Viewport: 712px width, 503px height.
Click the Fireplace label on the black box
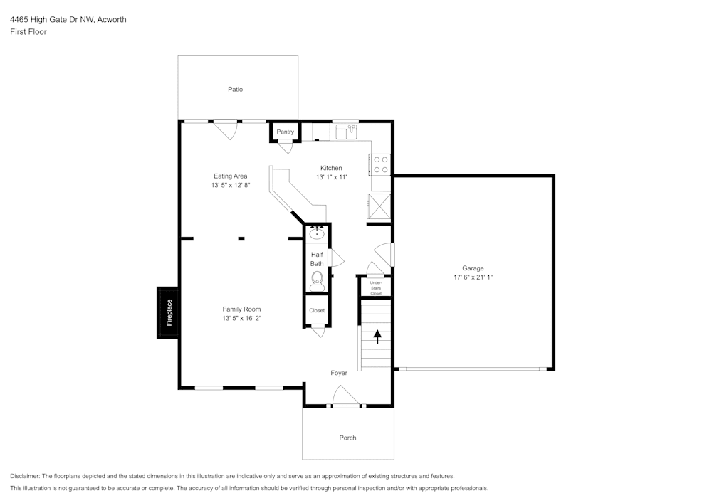tap(169, 312)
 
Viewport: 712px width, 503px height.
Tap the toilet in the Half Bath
tap(317, 281)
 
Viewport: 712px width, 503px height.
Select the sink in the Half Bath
tap(317, 233)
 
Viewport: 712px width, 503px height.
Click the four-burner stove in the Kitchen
tap(380, 164)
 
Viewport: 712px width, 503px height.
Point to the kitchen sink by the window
tap(347, 132)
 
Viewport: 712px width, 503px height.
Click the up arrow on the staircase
tap(377, 337)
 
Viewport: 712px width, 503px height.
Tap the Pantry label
tap(286, 132)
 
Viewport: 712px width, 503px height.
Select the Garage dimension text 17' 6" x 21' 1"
tap(473, 277)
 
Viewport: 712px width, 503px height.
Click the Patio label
tap(235, 90)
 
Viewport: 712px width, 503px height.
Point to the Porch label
tap(348, 438)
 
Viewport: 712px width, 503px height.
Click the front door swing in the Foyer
tap(345, 396)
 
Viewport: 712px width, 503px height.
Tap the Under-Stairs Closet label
tap(376, 288)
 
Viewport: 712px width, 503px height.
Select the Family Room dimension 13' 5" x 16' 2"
tap(241, 319)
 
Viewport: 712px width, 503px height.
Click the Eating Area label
tap(231, 176)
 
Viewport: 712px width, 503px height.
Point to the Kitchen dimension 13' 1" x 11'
tap(332, 177)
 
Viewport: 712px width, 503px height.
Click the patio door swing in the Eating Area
tap(226, 129)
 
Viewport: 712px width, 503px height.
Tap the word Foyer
tap(339, 373)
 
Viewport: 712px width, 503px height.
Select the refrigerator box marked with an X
tap(379, 206)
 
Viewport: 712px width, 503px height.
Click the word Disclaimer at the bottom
tap(24, 476)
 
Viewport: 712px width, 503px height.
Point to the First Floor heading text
tap(28, 32)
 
